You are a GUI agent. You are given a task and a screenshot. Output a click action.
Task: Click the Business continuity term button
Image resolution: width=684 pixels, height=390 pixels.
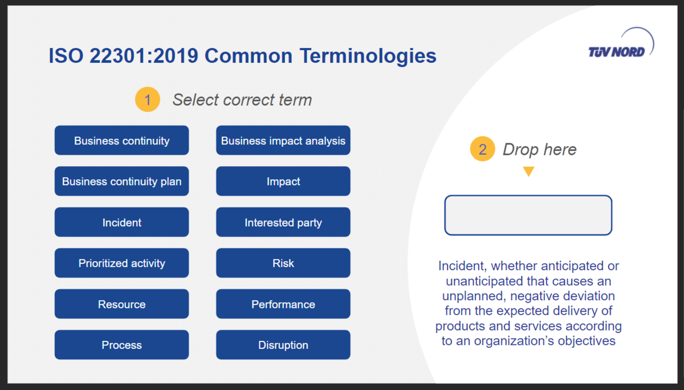(121, 140)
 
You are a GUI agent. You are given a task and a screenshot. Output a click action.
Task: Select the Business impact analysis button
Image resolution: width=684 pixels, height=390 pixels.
(283, 140)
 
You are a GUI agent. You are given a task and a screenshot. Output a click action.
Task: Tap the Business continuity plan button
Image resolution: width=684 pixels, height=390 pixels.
(121, 181)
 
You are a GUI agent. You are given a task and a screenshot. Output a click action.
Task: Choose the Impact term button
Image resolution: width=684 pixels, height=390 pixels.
(283, 181)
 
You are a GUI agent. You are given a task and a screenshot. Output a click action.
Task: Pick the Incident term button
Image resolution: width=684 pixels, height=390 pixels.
(121, 222)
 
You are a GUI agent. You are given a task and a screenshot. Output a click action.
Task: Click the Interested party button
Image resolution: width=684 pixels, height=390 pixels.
(283, 222)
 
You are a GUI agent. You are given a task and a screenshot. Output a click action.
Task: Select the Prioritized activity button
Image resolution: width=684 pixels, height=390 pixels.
(121, 263)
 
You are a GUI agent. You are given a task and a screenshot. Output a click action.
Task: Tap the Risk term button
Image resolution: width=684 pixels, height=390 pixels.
(283, 263)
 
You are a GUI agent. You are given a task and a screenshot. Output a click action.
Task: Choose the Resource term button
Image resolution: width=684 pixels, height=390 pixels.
(121, 304)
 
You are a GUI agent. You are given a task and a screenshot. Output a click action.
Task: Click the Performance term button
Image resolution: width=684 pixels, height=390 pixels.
(283, 304)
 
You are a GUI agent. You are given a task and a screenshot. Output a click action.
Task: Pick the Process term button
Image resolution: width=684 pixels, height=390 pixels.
(121, 345)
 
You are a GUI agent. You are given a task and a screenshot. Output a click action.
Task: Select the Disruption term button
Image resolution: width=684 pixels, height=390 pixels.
(283, 345)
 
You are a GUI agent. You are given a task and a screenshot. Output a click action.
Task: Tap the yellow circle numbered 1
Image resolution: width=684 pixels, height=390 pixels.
(148, 99)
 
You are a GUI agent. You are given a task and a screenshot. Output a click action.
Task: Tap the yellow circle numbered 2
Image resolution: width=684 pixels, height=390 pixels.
(482, 149)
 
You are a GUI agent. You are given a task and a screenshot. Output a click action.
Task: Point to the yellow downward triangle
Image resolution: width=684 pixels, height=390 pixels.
(528, 171)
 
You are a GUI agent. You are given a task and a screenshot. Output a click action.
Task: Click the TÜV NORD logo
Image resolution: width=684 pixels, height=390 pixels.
(621, 44)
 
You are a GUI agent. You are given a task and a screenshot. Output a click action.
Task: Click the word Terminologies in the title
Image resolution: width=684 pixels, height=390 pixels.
(368, 56)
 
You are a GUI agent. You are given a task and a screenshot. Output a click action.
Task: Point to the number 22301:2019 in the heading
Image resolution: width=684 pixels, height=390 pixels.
(144, 55)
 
